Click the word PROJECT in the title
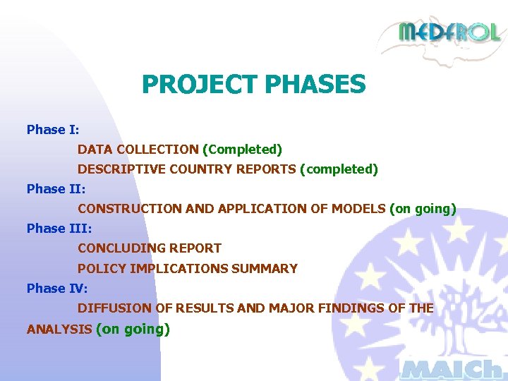200,85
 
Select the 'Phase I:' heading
53,130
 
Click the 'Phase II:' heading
56,189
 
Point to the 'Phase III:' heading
59,229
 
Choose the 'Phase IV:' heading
57,288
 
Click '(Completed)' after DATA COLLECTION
242,150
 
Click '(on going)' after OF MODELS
423,209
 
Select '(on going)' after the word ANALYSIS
133,329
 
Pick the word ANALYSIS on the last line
59,329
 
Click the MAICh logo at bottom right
452,368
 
